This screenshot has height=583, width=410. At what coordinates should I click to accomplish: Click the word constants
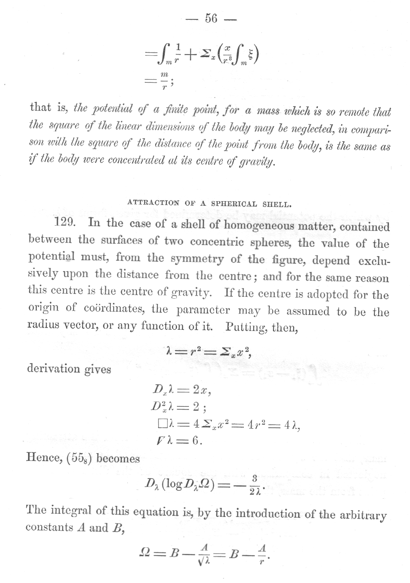point(48,527)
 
